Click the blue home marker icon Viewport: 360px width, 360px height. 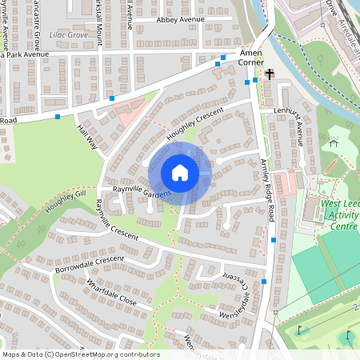(180, 173)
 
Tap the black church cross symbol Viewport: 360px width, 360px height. (270, 74)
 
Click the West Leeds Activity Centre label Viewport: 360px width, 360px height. (341, 214)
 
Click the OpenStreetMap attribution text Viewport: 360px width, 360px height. (80, 354)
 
